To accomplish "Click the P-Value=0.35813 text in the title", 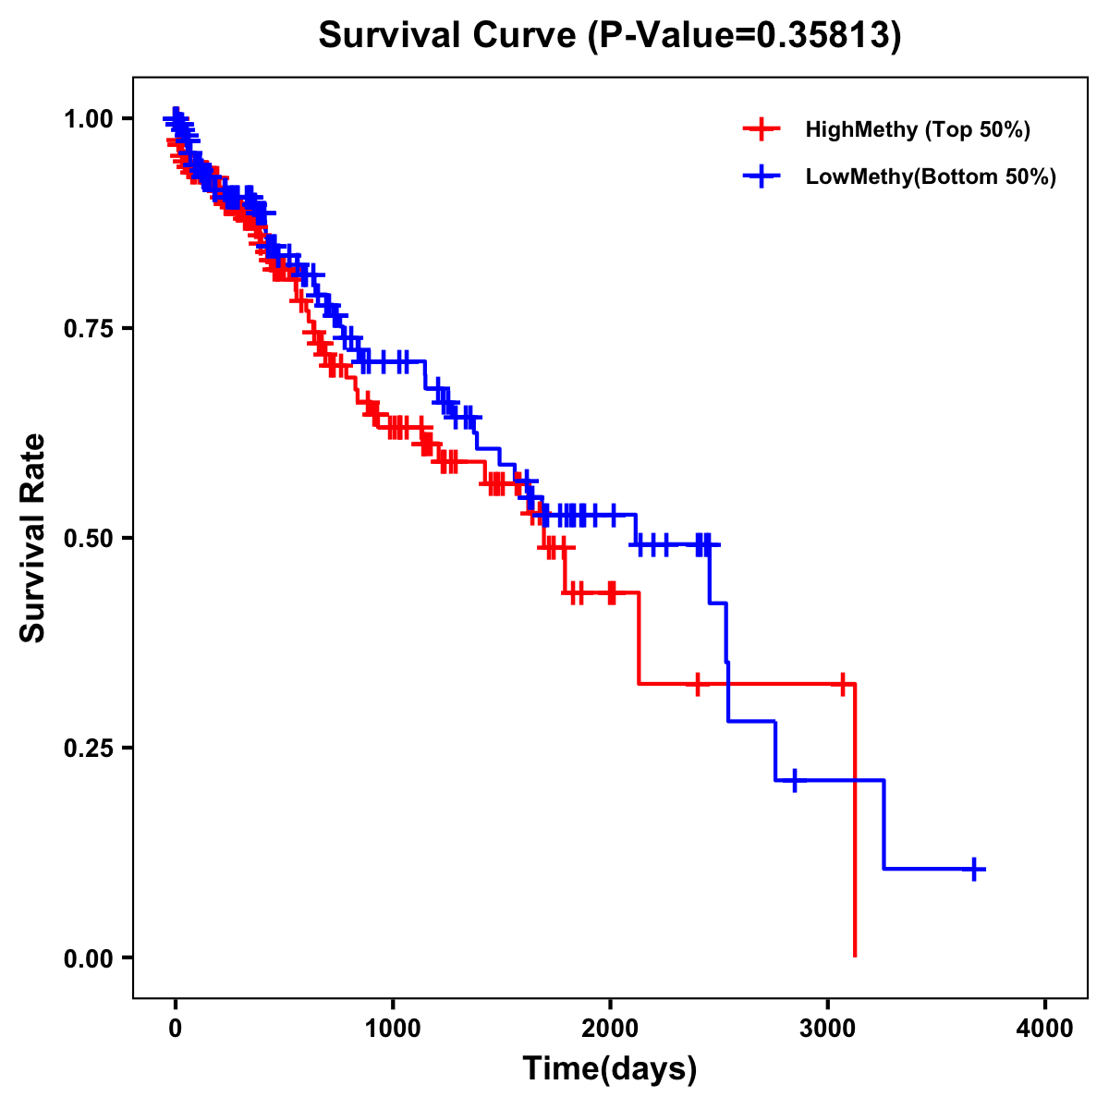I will click(x=745, y=36).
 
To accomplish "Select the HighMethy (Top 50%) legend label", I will click(x=917, y=129).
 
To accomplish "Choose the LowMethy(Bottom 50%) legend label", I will click(x=931, y=177).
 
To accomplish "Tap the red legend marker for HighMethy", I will click(x=762, y=129).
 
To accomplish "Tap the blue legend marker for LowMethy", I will click(x=762, y=177).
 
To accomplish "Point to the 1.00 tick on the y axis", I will click(x=88, y=119).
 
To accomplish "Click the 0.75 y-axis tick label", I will click(x=88, y=329).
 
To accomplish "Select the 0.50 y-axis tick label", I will click(x=88, y=539).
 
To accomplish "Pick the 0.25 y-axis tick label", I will click(x=88, y=749).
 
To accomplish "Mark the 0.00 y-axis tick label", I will click(x=88, y=958).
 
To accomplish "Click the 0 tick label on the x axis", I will click(x=175, y=1029).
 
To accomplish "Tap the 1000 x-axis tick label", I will click(x=393, y=1029).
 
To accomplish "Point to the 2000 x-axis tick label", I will click(x=610, y=1029).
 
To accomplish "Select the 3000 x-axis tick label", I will click(x=828, y=1029).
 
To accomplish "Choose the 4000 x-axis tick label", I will click(x=1045, y=1029).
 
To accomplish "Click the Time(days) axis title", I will click(x=610, y=1069).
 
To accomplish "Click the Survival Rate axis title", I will click(x=33, y=538).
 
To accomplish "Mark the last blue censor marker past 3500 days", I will click(x=974, y=869).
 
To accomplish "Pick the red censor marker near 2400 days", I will click(x=698, y=684).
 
